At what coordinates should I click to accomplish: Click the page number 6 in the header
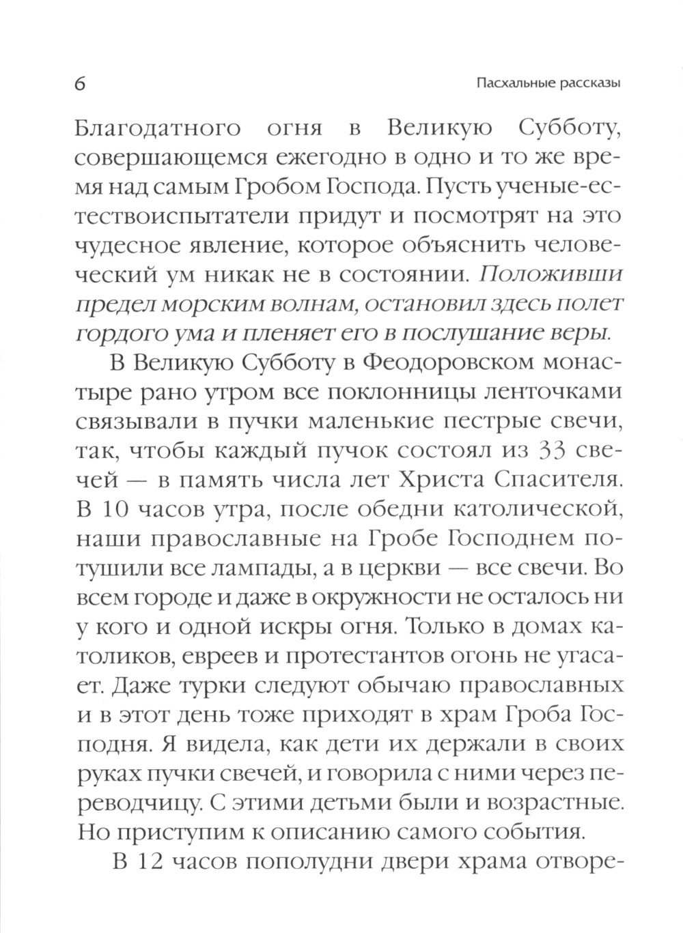79,85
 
